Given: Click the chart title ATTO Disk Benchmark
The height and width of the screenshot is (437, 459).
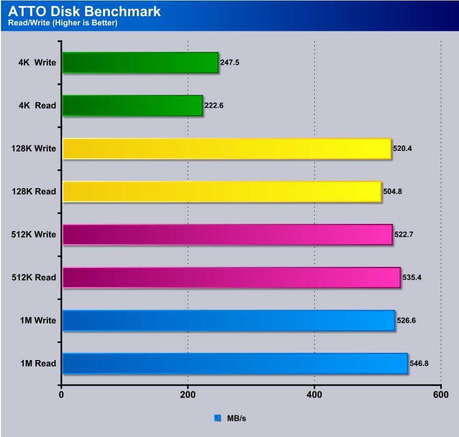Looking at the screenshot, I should pyautogui.click(x=84, y=11).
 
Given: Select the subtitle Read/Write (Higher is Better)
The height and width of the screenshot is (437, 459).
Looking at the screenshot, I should pyautogui.click(x=63, y=23).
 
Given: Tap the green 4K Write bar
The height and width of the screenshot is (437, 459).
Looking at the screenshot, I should pyautogui.click(x=140, y=63).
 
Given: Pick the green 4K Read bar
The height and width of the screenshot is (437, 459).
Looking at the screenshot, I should pyautogui.click(x=133, y=106).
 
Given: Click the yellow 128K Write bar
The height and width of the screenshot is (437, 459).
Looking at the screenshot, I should pyautogui.click(x=227, y=148).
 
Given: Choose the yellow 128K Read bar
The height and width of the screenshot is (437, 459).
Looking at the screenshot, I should pyautogui.click(x=222, y=192).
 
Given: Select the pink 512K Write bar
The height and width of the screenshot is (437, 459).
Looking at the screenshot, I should pyautogui.click(x=227, y=235).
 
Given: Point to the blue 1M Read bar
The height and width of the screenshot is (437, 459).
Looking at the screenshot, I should pyautogui.click(x=235, y=364).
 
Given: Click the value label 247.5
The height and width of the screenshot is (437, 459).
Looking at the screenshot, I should pyautogui.click(x=230, y=63).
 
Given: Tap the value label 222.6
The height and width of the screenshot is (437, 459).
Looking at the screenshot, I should pyautogui.click(x=215, y=106).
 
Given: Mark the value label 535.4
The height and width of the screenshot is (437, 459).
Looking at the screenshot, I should pyautogui.click(x=412, y=278).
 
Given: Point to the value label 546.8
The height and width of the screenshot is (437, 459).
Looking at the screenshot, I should pyautogui.click(x=419, y=364).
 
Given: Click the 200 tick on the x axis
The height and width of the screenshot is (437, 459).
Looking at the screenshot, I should pyautogui.click(x=188, y=394).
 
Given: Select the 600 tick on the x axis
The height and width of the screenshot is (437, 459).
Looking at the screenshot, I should pyautogui.click(x=441, y=394).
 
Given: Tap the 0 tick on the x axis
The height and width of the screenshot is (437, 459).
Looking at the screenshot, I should pyautogui.click(x=61, y=394).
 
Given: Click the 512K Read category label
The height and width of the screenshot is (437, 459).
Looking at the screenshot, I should pyautogui.click(x=34, y=278).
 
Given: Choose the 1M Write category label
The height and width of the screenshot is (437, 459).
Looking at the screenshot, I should pyautogui.click(x=37, y=320).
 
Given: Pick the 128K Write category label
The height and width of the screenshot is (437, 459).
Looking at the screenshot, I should pyautogui.click(x=34, y=148).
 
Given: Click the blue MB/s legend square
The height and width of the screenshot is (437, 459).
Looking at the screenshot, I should pyautogui.click(x=217, y=418).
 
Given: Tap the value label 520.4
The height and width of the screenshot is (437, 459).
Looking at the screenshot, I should pyautogui.click(x=403, y=148).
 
